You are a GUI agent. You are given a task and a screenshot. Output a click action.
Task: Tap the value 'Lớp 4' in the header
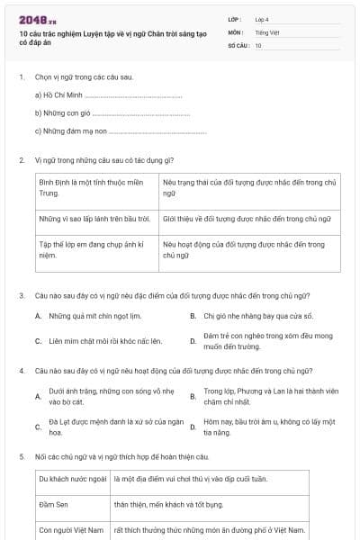[263, 18]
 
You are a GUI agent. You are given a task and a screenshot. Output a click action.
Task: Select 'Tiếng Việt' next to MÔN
[267, 31]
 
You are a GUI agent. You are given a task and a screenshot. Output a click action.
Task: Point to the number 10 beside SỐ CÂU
[258, 44]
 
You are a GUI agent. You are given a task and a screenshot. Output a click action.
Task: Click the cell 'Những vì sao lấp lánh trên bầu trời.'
[94, 219]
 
